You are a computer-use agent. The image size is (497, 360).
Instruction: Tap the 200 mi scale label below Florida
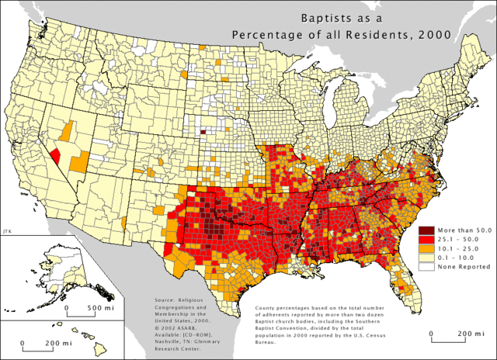pyautogui.click(x=464, y=334)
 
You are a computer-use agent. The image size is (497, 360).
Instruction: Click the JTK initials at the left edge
pyautogui.click(x=7, y=230)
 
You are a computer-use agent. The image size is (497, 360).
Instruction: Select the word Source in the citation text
pyautogui.click(x=166, y=298)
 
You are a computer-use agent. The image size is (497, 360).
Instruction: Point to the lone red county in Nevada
pyautogui.click(x=56, y=154)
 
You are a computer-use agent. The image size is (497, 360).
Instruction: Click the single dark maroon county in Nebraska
pyautogui.click(x=203, y=131)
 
